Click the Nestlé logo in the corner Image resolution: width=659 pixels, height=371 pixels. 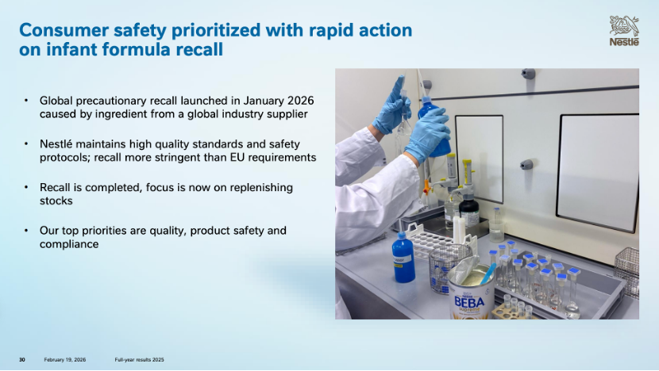(x=624, y=31)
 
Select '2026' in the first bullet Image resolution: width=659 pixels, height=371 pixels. (x=300, y=101)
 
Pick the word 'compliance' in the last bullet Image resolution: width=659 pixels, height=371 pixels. (x=69, y=244)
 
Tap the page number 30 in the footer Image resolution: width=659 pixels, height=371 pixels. (x=22, y=360)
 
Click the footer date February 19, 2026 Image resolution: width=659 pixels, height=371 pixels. (x=65, y=360)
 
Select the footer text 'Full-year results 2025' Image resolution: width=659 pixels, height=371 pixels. (x=139, y=360)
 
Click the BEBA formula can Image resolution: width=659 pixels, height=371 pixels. (x=471, y=292)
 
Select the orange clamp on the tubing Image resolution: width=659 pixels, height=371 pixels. (x=427, y=186)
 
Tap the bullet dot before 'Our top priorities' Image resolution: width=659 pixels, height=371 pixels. (x=26, y=231)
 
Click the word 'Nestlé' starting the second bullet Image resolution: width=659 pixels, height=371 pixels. (x=56, y=144)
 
